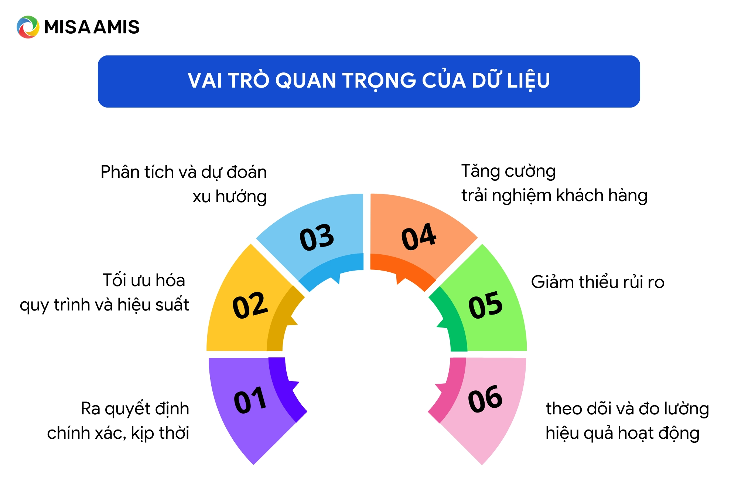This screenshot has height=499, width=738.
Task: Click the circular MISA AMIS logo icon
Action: (28, 27)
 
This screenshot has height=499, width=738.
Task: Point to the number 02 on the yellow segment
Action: (250, 305)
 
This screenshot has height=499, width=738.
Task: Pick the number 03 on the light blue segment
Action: (317, 237)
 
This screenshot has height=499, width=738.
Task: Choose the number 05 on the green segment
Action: (485, 305)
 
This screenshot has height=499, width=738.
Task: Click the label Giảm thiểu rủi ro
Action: (598, 282)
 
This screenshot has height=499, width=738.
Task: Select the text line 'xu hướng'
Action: (229, 197)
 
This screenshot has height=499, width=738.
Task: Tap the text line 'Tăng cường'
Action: (508, 171)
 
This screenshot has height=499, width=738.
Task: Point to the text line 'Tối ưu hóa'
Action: (144, 280)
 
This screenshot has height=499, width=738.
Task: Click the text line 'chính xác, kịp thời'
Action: (118, 433)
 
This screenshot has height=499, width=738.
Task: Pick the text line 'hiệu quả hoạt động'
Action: (622, 433)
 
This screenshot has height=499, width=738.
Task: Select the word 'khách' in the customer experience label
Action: (580, 196)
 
